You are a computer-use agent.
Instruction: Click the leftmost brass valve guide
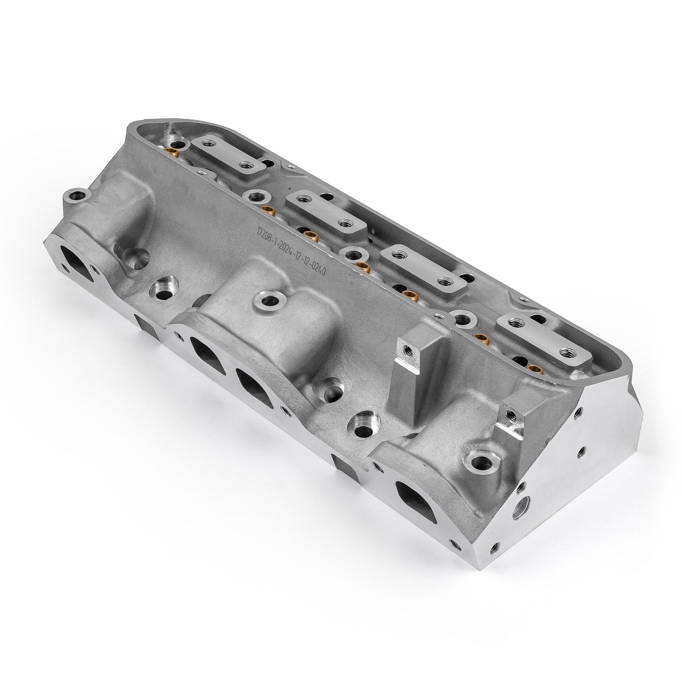(172, 152)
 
